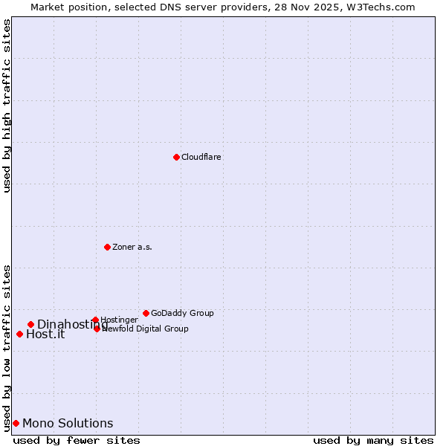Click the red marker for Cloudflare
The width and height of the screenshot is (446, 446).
pos(176,157)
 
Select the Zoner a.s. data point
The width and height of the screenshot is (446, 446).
pos(107,247)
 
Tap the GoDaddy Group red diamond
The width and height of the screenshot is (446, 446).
pos(146,313)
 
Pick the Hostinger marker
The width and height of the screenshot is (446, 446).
pos(95,320)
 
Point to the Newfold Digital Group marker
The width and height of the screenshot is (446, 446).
pos(97,329)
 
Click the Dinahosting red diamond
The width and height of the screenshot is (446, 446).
pos(30,324)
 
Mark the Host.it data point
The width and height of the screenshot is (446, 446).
pos(19,334)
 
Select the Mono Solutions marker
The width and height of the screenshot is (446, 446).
pos(16,423)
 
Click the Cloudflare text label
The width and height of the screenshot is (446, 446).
pos(201,158)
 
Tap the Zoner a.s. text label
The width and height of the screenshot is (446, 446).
pos(132,248)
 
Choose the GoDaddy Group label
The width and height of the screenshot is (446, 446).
pos(182,314)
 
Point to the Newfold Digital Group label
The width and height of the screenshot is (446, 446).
pos(145,329)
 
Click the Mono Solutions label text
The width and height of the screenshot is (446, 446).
pos(68,424)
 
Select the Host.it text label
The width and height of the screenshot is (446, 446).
pos(45,334)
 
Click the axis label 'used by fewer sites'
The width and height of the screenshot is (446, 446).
pos(77,440)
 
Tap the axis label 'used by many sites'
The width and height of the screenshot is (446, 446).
pos(373,440)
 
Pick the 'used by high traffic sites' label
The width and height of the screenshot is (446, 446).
pos(7,106)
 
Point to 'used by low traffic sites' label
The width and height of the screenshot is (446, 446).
pos(7,348)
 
